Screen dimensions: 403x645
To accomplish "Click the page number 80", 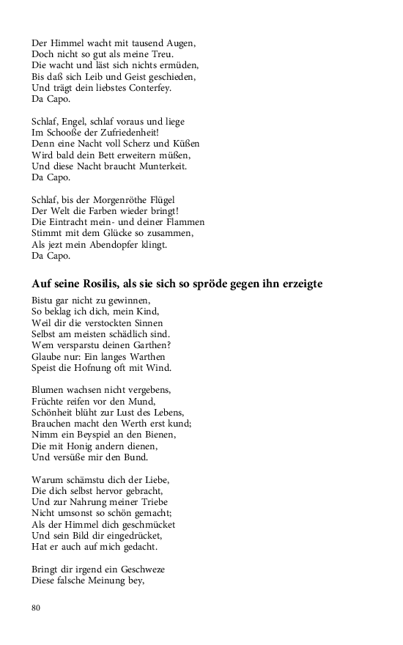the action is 37,607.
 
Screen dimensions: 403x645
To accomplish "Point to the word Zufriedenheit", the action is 127,133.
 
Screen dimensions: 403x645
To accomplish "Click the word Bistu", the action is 44,301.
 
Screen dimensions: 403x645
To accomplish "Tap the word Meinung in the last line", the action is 112,580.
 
